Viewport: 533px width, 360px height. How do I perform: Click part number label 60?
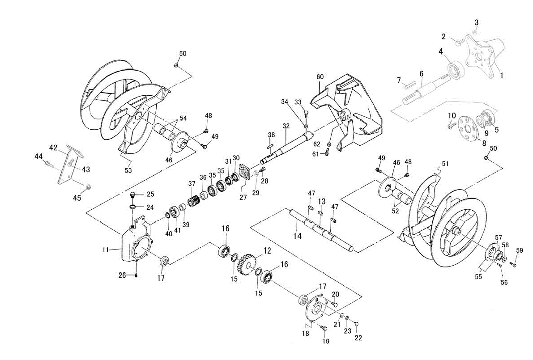320,77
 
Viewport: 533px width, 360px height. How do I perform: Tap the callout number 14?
297,236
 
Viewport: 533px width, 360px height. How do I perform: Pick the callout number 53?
128,170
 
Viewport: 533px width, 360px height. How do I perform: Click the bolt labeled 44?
48,165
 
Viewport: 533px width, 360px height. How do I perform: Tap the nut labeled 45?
88,186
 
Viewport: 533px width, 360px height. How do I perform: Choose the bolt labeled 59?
514,264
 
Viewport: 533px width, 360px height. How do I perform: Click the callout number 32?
286,126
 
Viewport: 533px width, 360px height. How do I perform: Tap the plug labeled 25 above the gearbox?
133,195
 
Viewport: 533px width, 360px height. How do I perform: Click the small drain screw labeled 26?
136,275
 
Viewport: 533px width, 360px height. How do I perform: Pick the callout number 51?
445,164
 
